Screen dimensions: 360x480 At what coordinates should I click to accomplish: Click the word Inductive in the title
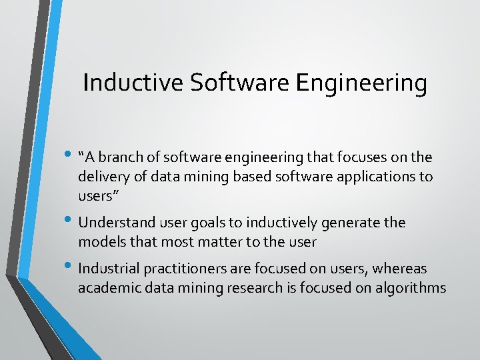click(x=133, y=83)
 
